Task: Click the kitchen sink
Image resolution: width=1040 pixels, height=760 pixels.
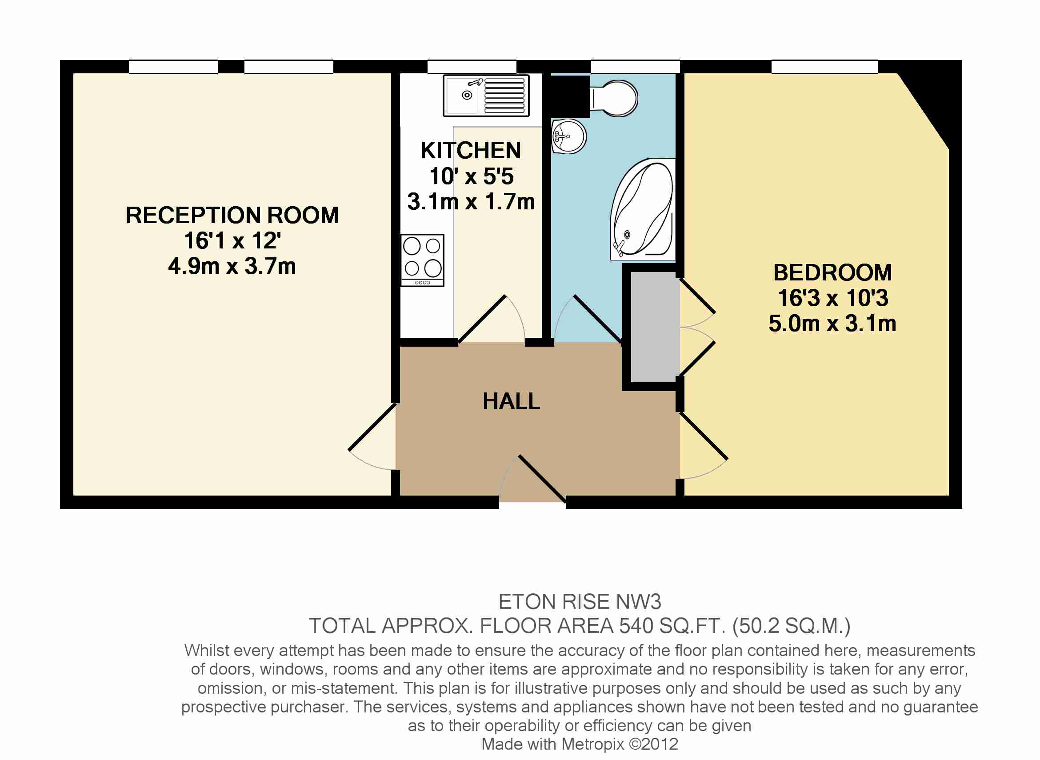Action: tap(486, 96)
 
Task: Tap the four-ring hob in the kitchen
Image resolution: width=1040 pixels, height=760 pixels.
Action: tap(422, 260)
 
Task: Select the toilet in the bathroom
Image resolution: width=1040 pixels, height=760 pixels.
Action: tap(613, 98)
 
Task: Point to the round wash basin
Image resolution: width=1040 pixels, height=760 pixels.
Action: tap(568, 136)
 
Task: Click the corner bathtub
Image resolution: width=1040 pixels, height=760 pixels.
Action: tap(643, 209)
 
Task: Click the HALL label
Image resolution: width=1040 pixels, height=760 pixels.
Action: tap(512, 401)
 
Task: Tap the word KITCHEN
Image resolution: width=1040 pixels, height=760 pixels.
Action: tap(471, 150)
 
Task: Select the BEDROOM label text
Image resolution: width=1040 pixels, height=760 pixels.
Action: tap(832, 272)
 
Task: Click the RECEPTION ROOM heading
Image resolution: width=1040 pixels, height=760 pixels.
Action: tap(232, 215)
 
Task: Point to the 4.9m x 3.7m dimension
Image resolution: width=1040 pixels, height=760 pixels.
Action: tap(232, 266)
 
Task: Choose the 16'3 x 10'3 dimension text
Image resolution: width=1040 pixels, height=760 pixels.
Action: tap(832, 298)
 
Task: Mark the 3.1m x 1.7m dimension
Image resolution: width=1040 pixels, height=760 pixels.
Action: tap(471, 202)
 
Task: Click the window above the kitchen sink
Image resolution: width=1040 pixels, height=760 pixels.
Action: tap(472, 67)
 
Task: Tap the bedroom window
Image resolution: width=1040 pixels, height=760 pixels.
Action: tap(825, 67)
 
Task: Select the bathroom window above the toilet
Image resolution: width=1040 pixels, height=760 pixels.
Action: tap(635, 67)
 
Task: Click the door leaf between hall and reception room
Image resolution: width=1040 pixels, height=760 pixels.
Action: tap(372, 427)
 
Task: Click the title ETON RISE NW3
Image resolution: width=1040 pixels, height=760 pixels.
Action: tap(580, 602)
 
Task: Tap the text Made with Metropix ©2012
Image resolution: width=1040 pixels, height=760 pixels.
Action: tap(580, 744)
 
